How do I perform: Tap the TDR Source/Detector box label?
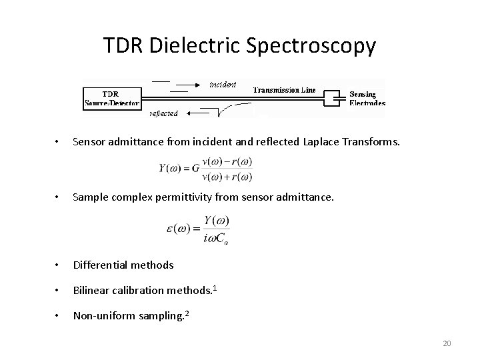click(x=112, y=98)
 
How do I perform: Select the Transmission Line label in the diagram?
click(x=285, y=90)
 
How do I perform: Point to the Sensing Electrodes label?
click(x=367, y=99)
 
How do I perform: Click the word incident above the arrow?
click(x=223, y=85)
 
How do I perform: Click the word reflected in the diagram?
click(x=163, y=113)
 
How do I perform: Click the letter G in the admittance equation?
click(x=195, y=169)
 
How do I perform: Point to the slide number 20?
click(x=447, y=343)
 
